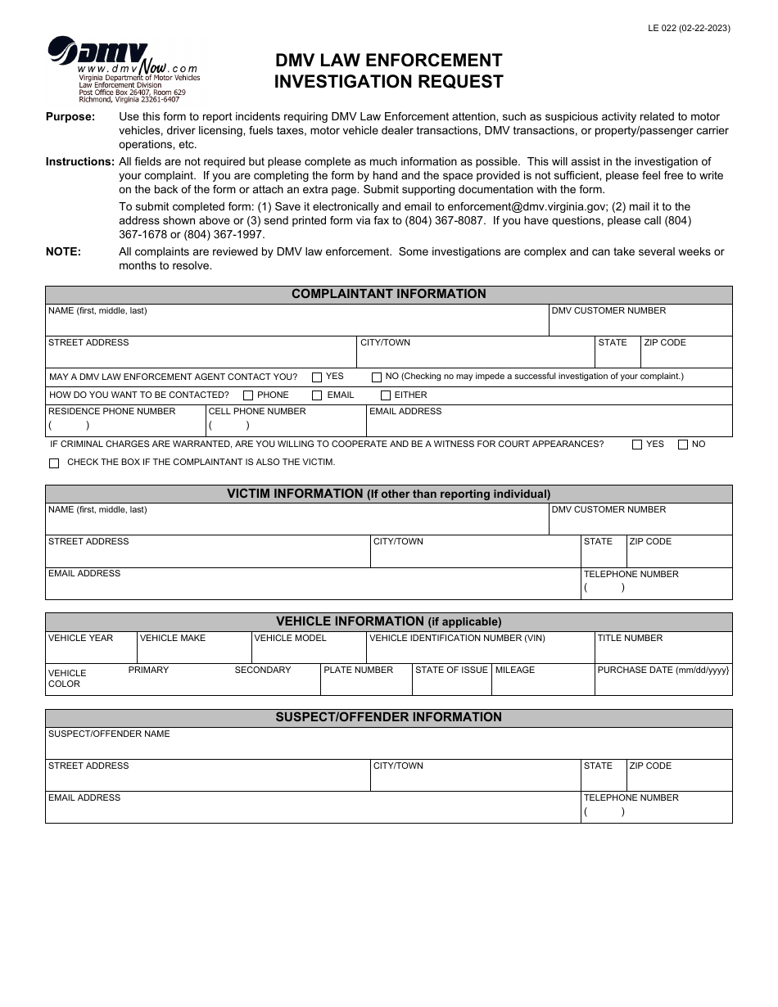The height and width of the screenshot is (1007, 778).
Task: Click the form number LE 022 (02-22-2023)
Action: point(689,28)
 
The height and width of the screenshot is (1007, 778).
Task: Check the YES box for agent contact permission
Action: point(317,377)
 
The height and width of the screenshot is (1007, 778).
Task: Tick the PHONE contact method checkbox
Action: point(248,395)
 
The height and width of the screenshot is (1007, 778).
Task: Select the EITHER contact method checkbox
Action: point(386,395)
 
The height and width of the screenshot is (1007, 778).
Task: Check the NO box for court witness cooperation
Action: point(683,445)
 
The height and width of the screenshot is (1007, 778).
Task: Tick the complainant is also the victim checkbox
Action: point(54,463)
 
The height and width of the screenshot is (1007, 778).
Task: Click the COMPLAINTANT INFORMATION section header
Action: point(388,295)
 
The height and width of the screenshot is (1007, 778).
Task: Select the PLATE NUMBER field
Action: point(365,684)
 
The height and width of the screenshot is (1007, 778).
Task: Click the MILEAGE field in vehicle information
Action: point(542,684)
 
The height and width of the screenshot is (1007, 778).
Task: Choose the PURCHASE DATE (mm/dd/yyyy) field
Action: point(663,684)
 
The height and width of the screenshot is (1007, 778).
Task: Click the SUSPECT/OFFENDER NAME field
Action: point(388,747)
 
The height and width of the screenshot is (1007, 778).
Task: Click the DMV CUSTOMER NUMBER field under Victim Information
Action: point(640,522)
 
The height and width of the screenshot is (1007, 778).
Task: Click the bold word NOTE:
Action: point(63,252)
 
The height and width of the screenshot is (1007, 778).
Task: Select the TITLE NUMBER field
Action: point(663,652)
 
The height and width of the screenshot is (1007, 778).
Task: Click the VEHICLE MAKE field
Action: point(193,652)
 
